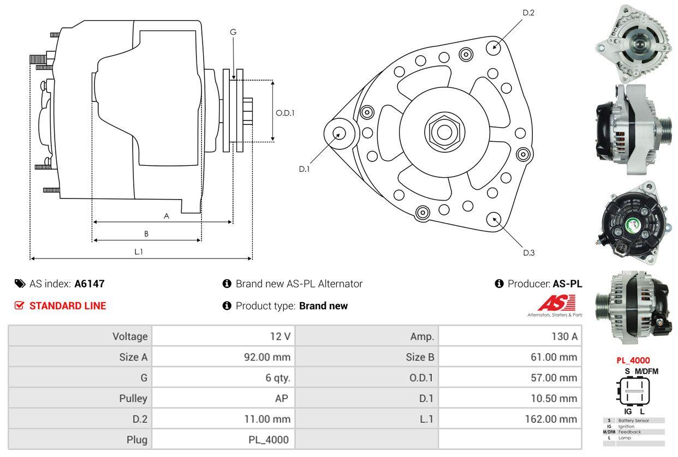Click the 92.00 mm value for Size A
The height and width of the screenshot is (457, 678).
point(267,357)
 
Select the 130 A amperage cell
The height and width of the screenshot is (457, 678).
point(564,336)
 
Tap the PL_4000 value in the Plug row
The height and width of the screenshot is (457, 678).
point(268,440)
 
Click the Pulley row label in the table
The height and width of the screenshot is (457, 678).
point(133,398)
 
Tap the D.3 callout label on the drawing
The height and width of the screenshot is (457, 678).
point(528,252)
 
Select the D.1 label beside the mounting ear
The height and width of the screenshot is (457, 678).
point(304,169)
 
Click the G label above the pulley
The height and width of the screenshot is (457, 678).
point(233,32)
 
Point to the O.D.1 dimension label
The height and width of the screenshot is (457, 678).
point(285,113)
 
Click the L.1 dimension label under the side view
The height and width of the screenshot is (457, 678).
point(139,251)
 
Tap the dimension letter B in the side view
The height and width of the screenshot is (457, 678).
point(146,234)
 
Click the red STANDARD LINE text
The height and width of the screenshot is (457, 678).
point(67,306)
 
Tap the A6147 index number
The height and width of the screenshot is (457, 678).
point(90,284)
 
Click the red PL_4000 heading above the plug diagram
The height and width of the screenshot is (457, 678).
point(633,360)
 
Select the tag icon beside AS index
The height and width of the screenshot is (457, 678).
point(20,284)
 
